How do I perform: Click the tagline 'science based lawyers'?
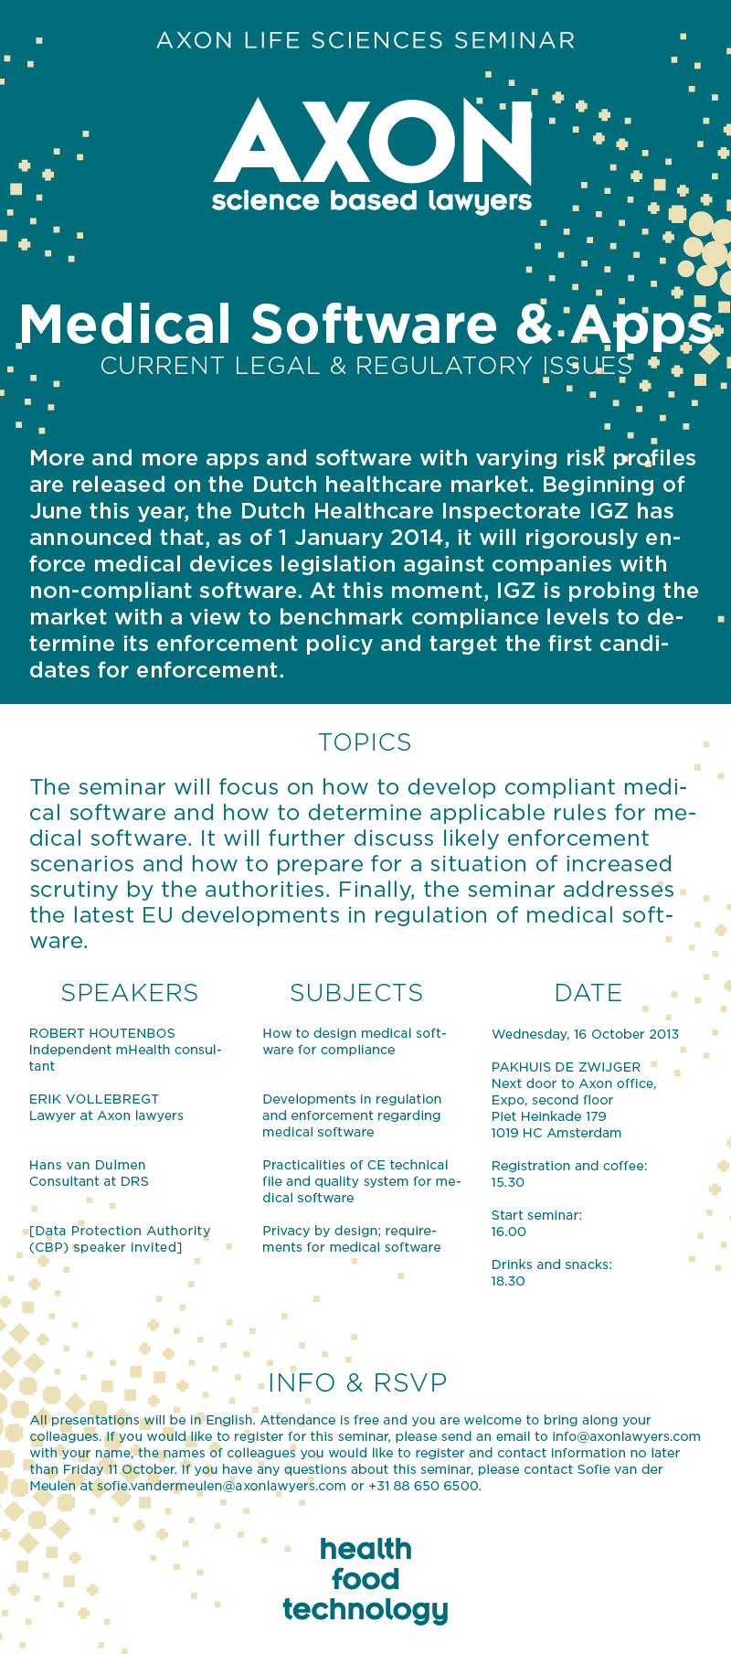point(371,201)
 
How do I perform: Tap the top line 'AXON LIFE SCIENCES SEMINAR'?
point(365,41)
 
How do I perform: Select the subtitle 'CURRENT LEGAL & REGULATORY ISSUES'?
point(365,366)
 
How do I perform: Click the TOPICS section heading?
point(365,742)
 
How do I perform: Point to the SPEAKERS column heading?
point(129,993)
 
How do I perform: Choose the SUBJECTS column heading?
point(356,993)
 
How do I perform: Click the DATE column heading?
point(588,993)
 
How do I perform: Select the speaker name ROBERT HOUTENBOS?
point(102,1033)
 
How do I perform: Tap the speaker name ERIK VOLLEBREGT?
point(94,1099)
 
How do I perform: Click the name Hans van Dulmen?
point(88,1165)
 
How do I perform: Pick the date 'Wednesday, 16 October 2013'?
point(585,1034)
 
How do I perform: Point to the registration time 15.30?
point(508,1182)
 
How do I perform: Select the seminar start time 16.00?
point(509,1232)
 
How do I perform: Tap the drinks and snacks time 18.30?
point(508,1281)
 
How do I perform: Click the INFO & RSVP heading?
point(357,1382)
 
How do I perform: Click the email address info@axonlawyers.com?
point(626,1436)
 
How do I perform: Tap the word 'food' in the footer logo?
point(365,1579)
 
